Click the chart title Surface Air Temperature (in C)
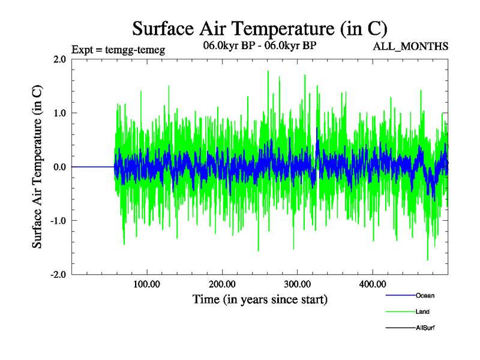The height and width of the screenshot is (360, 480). coord(259,28)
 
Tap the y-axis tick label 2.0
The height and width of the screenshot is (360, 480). coord(59,59)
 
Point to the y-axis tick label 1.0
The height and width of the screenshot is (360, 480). coord(59,113)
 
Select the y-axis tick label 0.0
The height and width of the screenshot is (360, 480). coord(59,167)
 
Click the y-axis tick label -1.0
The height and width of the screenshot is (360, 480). coord(58,221)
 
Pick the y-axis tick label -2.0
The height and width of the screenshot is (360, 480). coord(58,274)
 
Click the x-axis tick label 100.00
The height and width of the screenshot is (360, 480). coord(147,284)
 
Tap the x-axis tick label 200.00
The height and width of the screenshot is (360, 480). coord(222,284)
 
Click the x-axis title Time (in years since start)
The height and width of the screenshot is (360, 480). coord(260,299)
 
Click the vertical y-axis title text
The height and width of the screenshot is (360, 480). coord(37,167)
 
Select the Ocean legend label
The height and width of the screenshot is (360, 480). coord(425,296)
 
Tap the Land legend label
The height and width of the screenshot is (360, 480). coord(422,312)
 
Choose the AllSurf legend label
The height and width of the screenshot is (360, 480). coord(425,328)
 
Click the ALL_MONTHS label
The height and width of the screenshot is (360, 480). coord(411,46)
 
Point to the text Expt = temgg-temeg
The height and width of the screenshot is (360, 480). coord(118,50)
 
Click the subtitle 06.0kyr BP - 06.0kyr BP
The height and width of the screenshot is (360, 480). coord(260,46)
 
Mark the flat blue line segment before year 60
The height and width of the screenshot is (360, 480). coord(93,167)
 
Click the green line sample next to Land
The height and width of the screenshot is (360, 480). coord(399,312)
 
